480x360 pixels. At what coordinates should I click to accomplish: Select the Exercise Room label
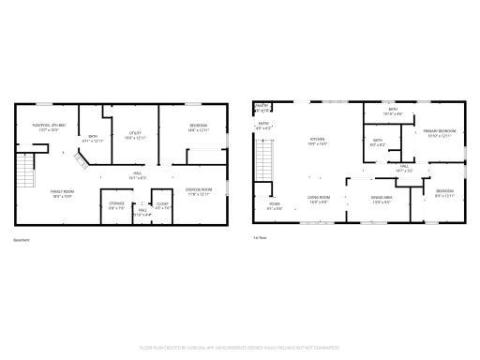tap(198, 192)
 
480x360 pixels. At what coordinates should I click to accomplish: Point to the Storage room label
tap(116, 204)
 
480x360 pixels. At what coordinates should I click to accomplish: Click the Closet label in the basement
tap(161, 204)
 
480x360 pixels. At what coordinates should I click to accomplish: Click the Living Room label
tap(318, 198)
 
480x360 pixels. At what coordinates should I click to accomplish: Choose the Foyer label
tap(276, 205)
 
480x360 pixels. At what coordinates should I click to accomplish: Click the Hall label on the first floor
tap(404, 169)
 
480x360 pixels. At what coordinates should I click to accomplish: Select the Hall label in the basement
tap(136, 174)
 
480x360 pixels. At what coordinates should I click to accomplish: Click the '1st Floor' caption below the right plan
tap(261, 239)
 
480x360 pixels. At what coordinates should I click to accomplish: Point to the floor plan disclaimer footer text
tap(240, 347)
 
